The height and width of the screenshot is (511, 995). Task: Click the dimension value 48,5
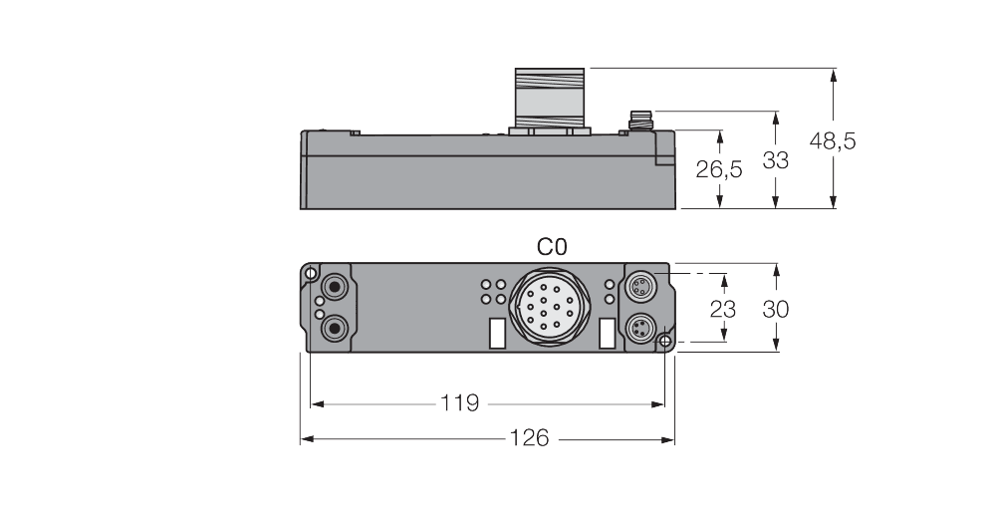click(833, 141)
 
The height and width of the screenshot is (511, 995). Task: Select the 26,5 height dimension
click(719, 170)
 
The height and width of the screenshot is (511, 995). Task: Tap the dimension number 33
click(775, 159)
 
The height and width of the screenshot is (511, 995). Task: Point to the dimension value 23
click(725, 309)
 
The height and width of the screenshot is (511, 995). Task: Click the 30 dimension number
click(775, 309)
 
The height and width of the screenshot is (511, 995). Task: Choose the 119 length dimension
click(459, 403)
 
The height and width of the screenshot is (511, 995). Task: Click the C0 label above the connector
click(553, 246)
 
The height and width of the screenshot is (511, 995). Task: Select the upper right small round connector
click(639, 287)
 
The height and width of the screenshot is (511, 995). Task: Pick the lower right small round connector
click(639, 326)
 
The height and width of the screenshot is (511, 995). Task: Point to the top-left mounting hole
click(312, 273)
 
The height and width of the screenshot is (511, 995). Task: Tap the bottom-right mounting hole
click(665, 342)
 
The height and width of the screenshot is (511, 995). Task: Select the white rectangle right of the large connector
click(606, 334)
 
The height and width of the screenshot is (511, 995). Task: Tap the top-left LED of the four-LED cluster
click(485, 283)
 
